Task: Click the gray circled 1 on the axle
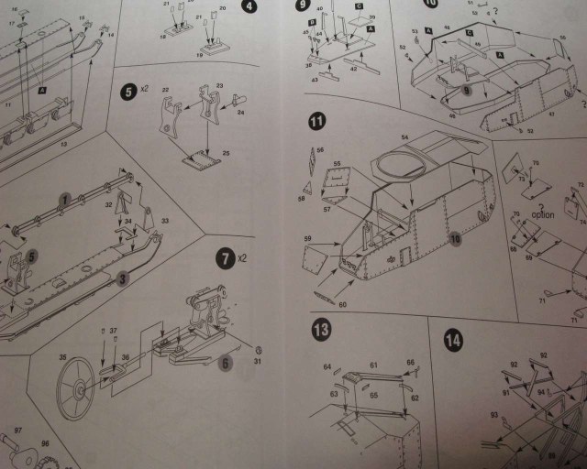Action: click(x=64, y=199)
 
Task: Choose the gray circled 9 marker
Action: click(x=467, y=91)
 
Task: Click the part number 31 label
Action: click(x=259, y=359)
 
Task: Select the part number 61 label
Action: click(x=374, y=364)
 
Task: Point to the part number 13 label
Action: click(x=62, y=143)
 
